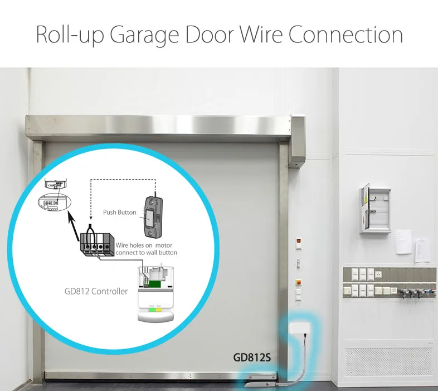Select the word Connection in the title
[345, 35]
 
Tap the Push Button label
[119, 213]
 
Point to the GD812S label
[252, 358]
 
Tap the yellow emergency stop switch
[297, 282]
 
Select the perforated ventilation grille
[388, 361]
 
